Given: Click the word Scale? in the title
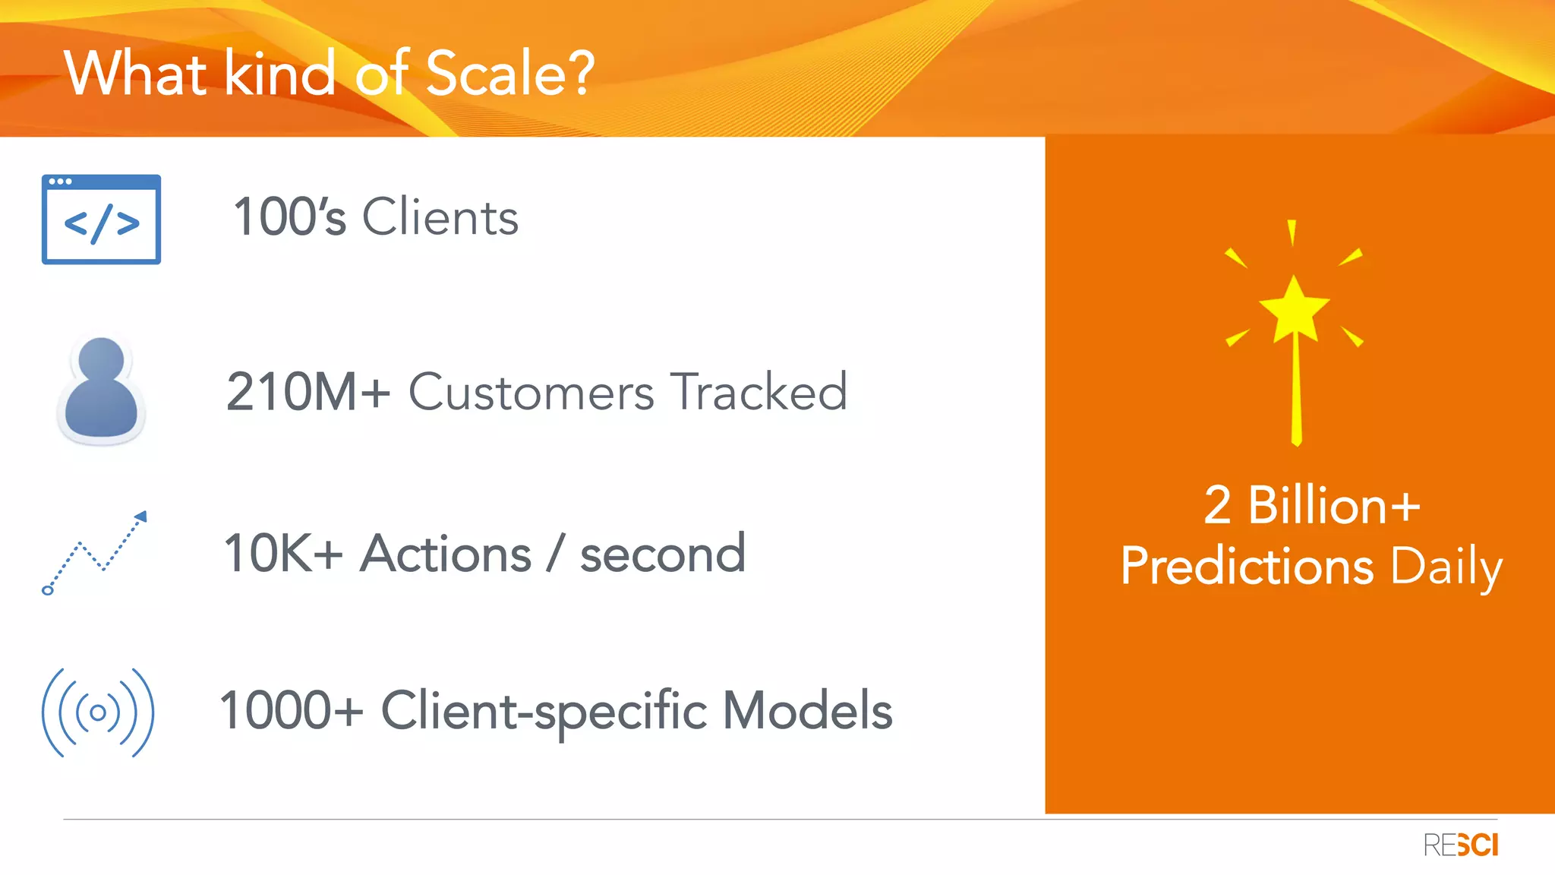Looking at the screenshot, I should pyautogui.click(x=509, y=74).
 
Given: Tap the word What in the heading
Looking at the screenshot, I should pyautogui.click(x=135, y=74).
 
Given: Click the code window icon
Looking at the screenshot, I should pyautogui.click(x=101, y=220).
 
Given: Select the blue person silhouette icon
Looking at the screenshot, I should pyautogui.click(x=101, y=390).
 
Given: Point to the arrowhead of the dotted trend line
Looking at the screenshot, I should pyautogui.click(x=141, y=517).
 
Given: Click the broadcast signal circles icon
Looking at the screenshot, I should pyautogui.click(x=98, y=712).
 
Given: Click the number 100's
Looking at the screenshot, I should pyautogui.click(x=289, y=217).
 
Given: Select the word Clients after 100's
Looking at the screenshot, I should pyautogui.click(x=440, y=217).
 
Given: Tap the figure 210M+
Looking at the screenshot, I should pyautogui.click(x=308, y=392).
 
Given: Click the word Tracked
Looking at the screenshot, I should pyautogui.click(x=759, y=392).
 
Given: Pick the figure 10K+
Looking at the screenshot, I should pyautogui.click(x=282, y=553).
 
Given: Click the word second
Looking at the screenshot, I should pyautogui.click(x=662, y=554).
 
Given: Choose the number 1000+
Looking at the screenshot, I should pyautogui.click(x=291, y=710).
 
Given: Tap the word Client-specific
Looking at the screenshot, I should pyautogui.click(x=544, y=712).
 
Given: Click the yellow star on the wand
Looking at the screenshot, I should pyautogui.click(x=1294, y=308).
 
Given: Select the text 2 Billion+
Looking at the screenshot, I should pyautogui.click(x=1311, y=505).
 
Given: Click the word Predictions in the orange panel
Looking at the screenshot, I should pyautogui.click(x=1247, y=567).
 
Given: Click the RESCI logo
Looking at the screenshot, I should pyautogui.click(x=1460, y=845).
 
